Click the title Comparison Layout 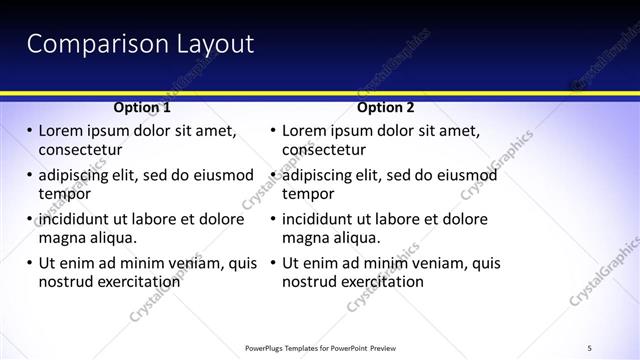(x=139, y=44)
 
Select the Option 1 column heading (x=142, y=107)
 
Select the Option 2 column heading (x=385, y=107)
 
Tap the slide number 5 (x=590, y=347)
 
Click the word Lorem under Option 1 (x=62, y=131)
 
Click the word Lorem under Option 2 (x=306, y=131)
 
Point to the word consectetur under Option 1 (x=80, y=150)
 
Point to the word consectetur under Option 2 (x=324, y=150)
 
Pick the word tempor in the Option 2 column (x=307, y=194)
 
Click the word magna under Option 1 (x=61, y=238)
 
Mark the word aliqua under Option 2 (x=356, y=238)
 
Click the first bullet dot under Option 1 (x=29, y=131)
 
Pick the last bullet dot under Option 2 (x=273, y=263)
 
